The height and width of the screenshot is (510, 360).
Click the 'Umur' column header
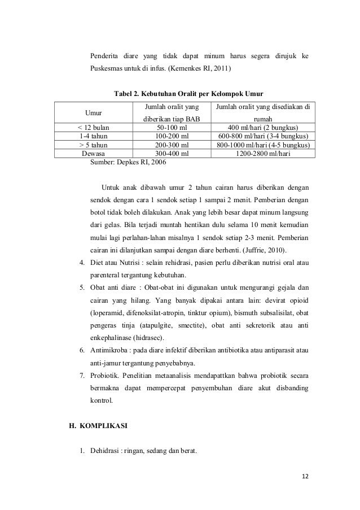tap(93, 112)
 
